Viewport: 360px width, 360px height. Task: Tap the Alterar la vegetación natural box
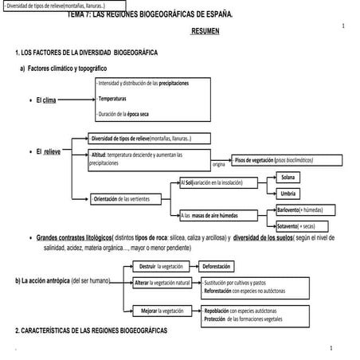(163, 283)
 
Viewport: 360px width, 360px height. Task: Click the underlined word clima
(50, 100)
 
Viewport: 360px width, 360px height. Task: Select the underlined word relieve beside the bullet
(52, 151)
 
